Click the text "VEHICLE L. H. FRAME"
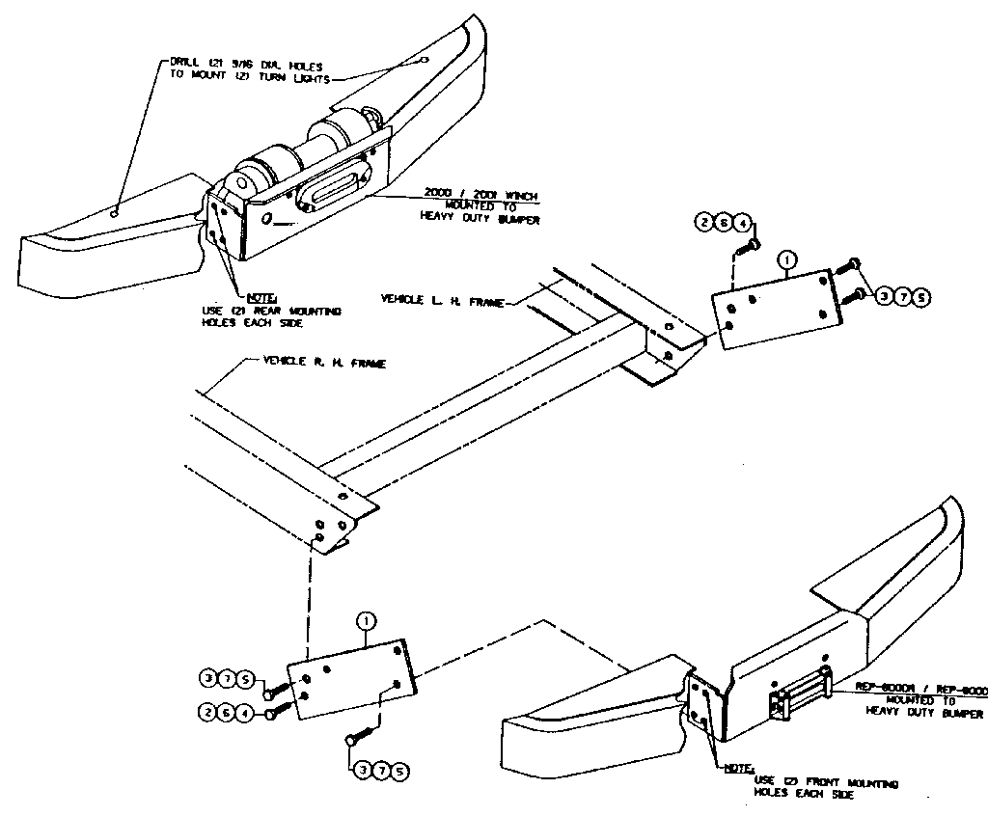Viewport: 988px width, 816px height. click(x=442, y=301)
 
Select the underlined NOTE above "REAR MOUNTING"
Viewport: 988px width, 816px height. click(x=261, y=298)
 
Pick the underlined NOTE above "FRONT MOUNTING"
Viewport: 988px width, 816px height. click(x=740, y=769)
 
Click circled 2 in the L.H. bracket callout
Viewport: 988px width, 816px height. click(x=703, y=223)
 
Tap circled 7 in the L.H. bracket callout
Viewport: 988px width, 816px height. click(x=903, y=297)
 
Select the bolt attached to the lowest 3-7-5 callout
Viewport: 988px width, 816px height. click(x=353, y=739)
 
